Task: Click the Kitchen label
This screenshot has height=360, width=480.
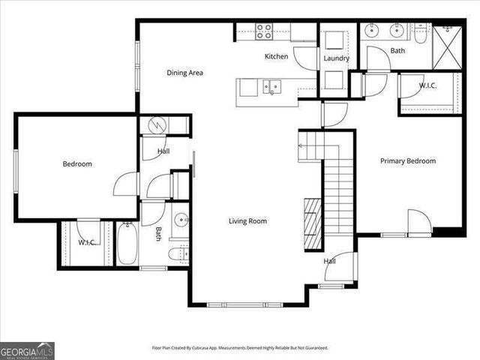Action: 276,56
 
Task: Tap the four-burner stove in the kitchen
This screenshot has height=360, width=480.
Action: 265,31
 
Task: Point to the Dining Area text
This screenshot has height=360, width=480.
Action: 184,73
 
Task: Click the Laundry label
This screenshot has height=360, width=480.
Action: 337,58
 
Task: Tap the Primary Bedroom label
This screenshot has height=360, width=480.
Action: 407,160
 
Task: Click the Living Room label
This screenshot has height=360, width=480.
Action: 247,221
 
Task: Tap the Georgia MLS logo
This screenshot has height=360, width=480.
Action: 27,350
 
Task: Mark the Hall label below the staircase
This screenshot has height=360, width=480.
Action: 329,262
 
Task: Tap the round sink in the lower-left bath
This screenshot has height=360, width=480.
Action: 180,221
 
